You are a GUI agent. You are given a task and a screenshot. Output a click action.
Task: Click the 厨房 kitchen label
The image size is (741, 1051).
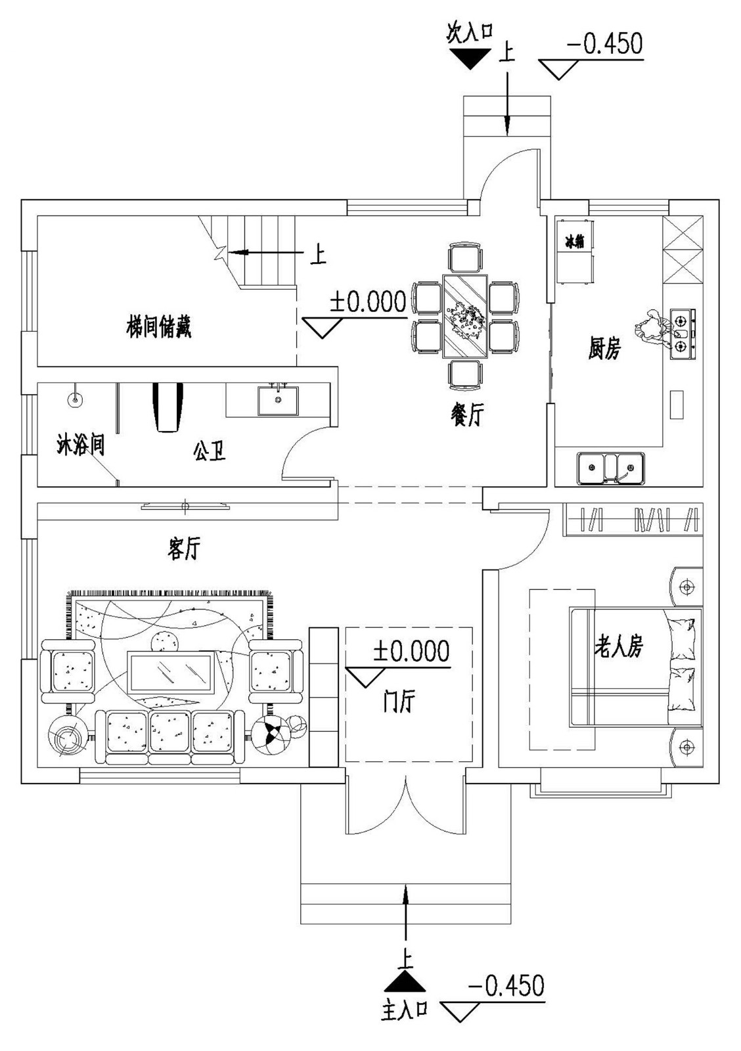[x=604, y=349]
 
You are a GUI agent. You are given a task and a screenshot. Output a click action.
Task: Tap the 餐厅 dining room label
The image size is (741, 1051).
[x=467, y=414]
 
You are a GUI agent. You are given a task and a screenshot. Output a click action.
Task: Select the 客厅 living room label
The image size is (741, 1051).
[x=183, y=548]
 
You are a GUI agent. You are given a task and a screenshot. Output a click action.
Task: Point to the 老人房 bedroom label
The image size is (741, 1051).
[x=618, y=646]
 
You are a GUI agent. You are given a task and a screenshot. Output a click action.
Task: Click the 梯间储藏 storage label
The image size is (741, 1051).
[x=159, y=326]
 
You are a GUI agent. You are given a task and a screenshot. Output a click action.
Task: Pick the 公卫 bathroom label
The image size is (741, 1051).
[x=210, y=451]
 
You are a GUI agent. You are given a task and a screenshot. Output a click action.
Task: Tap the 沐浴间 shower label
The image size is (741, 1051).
[x=80, y=445]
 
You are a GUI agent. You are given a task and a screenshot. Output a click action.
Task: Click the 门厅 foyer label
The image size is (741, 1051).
[x=399, y=702]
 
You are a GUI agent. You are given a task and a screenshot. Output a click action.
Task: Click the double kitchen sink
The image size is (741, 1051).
[x=610, y=468]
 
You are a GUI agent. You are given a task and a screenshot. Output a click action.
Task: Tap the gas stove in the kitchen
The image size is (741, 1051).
[x=683, y=334]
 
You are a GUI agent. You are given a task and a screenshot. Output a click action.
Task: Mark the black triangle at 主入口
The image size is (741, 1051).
[x=405, y=981]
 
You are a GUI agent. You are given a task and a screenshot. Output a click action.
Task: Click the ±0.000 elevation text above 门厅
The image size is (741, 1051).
[x=411, y=652]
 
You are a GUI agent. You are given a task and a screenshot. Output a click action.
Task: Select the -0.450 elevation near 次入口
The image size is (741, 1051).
[x=604, y=44]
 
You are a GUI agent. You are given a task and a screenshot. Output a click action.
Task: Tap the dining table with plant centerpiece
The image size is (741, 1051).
[x=465, y=317]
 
